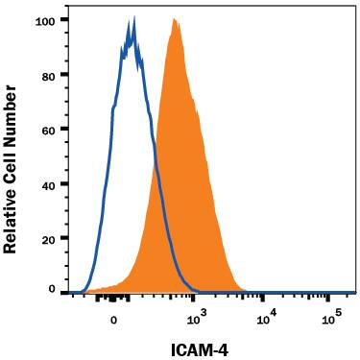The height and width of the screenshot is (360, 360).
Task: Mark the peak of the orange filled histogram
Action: pos(174,19)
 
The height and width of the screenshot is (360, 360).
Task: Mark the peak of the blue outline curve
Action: pos(133,16)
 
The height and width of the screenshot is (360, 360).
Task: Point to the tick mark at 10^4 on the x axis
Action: pos(267,300)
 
